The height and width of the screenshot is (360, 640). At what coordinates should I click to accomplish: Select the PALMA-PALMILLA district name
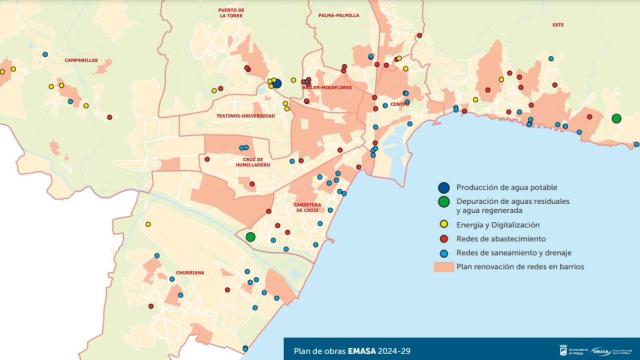tap(338, 16)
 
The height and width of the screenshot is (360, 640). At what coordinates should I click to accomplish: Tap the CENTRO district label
tap(400, 104)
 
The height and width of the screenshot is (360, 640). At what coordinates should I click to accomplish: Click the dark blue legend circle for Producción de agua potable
tap(442, 187)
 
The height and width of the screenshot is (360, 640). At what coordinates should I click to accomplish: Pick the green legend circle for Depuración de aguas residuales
tap(442, 204)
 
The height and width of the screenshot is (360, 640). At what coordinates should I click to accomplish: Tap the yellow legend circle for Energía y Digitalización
tap(442, 225)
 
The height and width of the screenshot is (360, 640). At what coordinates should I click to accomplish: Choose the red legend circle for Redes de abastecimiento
tap(442, 239)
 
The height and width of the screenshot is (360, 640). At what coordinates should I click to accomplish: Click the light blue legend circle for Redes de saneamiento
tap(442, 253)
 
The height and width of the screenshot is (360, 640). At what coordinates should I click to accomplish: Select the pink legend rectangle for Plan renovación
tap(442, 267)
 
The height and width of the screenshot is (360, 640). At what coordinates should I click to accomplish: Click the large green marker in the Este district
tap(616, 119)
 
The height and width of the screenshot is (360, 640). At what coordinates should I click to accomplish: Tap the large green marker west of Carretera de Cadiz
tap(250, 237)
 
